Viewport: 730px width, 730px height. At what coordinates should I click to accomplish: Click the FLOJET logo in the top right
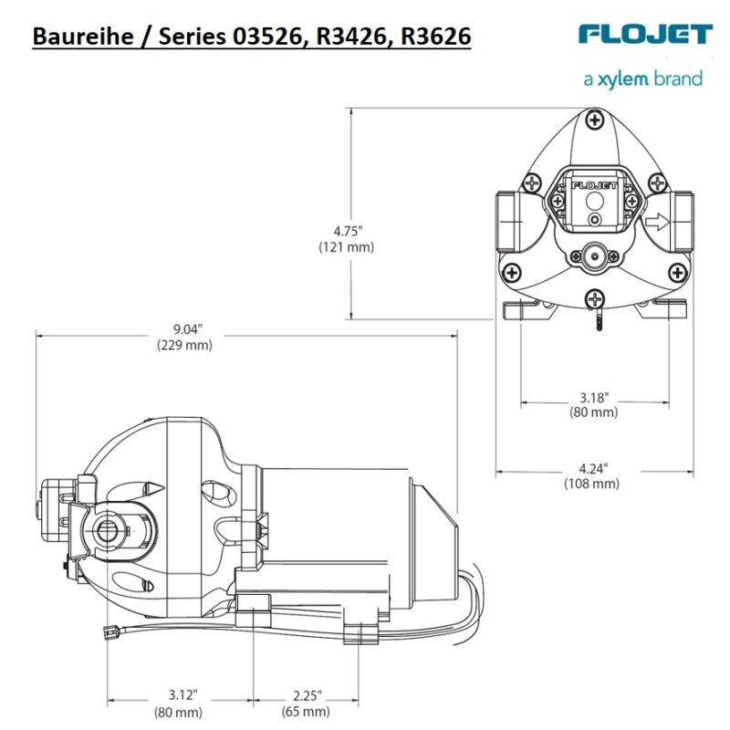(x=644, y=34)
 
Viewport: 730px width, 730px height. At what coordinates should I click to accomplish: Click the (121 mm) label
(x=347, y=246)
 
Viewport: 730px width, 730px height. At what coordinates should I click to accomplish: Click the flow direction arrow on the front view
(x=656, y=221)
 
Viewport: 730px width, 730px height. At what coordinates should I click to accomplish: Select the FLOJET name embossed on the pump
(x=593, y=183)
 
